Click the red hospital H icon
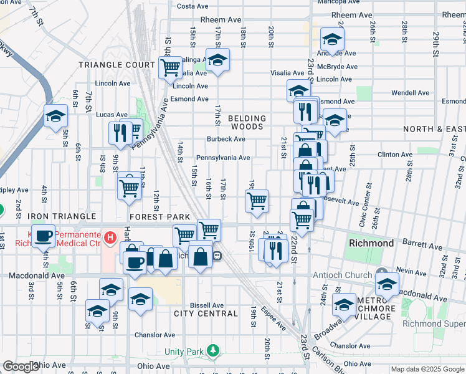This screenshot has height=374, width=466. tap(110, 237)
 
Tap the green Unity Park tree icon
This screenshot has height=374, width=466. tap(214, 351)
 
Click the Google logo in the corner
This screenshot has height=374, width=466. tap(21, 367)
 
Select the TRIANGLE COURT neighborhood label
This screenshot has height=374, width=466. tap(116, 65)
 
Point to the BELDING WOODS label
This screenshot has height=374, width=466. tap(247, 122)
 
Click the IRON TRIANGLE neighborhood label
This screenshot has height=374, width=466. tap(38, 216)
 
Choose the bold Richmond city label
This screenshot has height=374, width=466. tap(371, 243)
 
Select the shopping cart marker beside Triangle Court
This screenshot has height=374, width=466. tap(170, 67)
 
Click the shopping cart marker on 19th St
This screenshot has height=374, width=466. tap(257, 201)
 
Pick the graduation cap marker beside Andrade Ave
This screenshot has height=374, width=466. tap(332, 39)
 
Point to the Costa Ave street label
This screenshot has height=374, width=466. tap(193, 6)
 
